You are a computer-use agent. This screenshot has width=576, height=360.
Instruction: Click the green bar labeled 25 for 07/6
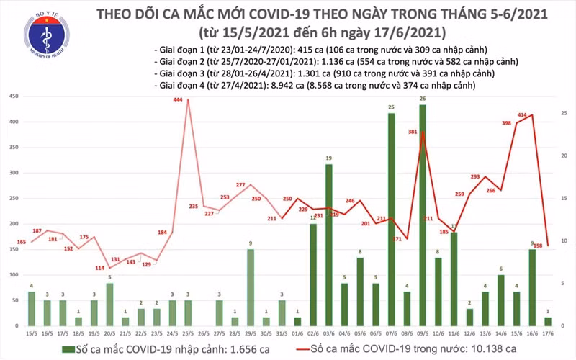tap(391, 216)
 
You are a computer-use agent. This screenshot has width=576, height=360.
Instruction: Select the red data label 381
tap(413, 132)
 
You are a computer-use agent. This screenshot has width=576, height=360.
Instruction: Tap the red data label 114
tap(101, 269)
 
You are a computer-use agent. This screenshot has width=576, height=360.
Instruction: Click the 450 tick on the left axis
tap(12, 96)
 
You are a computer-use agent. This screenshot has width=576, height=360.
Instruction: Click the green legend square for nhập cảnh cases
tap(66, 348)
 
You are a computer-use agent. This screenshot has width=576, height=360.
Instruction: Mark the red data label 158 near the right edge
tap(536, 246)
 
